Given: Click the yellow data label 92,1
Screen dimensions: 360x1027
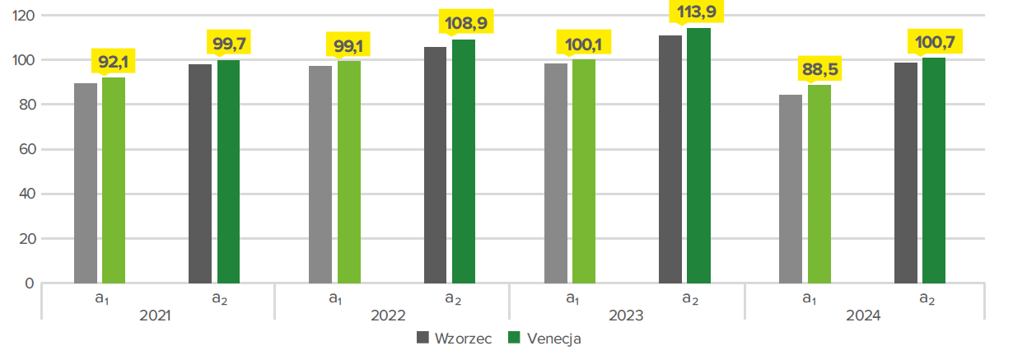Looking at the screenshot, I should (x=113, y=60).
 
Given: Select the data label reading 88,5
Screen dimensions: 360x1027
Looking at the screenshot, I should (x=819, y=68).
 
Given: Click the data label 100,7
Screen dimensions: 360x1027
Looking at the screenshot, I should (x=934, y=41).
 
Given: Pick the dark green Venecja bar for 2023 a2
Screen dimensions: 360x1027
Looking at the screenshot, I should (x=698, y=156).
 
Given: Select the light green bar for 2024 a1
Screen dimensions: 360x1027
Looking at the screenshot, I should (x=819, y=184).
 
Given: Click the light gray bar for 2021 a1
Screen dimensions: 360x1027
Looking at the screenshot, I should (x=86, y=183).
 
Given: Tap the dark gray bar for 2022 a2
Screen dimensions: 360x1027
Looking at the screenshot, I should (x=435, y=165).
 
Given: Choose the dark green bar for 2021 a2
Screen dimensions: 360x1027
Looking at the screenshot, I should (x=228, y=171).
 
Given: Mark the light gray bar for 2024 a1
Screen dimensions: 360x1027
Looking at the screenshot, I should (x=791, y=189).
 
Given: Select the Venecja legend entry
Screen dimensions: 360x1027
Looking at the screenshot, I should (x=544, y=338).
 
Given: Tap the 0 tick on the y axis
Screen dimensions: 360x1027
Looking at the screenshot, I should (x=30, y=283).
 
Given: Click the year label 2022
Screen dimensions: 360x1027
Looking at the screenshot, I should (x=391, y=316).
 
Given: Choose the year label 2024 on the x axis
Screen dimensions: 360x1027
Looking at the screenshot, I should (x=862, y=316).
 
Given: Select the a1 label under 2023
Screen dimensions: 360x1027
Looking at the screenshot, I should (x=571, y=298).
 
